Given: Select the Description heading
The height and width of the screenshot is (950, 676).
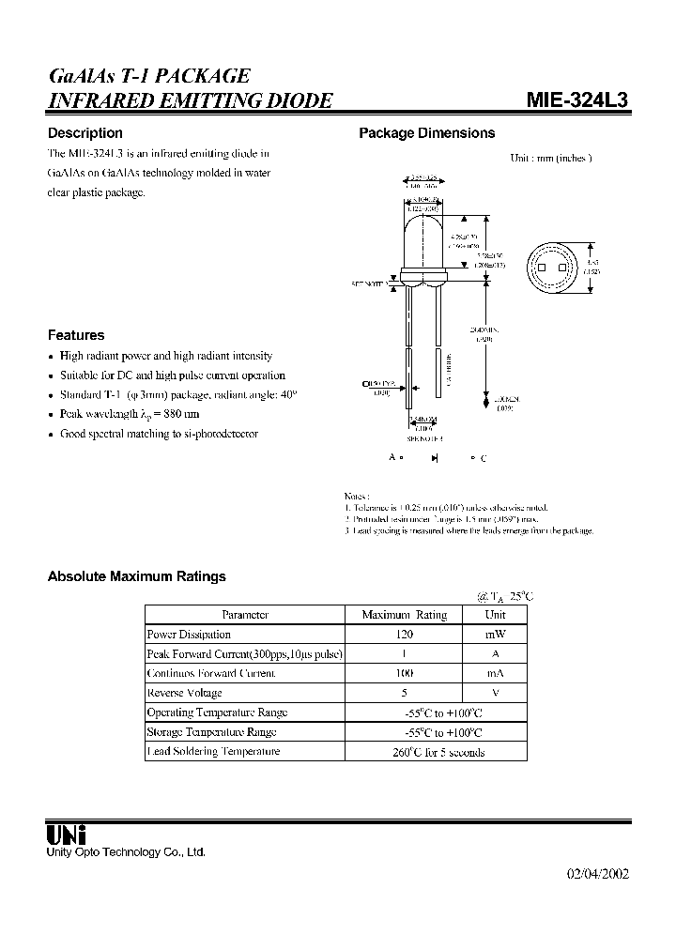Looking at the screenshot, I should tap(85, 133).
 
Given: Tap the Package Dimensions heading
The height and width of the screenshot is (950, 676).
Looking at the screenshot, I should tap(426, 133).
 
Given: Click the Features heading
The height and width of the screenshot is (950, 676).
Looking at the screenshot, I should tap(76, 335).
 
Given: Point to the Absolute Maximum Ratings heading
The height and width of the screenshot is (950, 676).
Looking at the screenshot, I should tap(136, 576).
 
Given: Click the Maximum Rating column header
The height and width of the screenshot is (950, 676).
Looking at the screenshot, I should tap(405, 615).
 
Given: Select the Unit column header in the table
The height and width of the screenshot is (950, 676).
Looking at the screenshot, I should tap(495, 615).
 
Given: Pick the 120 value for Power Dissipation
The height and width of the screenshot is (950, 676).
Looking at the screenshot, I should tap(405, 635).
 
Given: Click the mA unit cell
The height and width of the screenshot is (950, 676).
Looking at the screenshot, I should tap(495, 673).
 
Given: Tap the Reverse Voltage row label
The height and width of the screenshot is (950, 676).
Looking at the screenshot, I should tap(185, 693).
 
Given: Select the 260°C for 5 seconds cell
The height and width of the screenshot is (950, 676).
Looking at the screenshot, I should tap(438, 752).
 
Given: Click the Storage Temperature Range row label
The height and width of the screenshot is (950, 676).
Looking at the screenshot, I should tap(211, 732).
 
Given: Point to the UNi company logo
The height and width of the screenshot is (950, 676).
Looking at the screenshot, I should tap(67, 834).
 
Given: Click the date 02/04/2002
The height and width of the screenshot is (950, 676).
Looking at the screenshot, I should tap(597, 873).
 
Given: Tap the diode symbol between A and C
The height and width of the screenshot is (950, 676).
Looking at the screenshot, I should tap(436, 457).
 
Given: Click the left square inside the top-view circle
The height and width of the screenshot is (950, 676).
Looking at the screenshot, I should tap(542, 268).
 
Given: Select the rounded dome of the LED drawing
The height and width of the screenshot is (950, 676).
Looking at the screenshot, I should tap(423, 239).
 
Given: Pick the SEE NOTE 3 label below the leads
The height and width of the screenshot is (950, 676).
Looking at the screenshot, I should tap(424, 437).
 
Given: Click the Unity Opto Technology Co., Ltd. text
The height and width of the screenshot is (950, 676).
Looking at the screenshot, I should tap(126, 851).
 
